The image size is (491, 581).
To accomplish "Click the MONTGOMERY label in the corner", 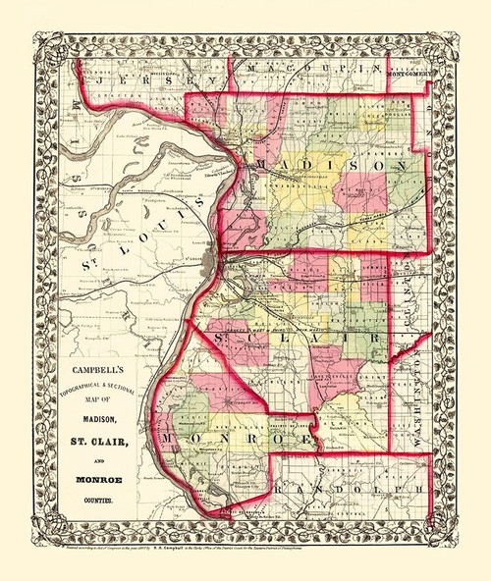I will (408, 72).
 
